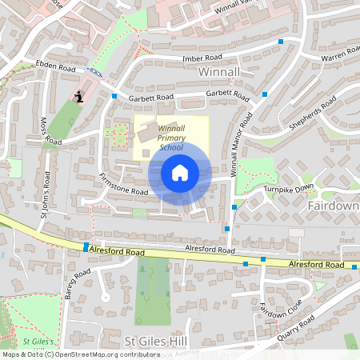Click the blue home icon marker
pos(180,172)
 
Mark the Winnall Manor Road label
pos(241,144)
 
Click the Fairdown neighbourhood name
pos(333,205)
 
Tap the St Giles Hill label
pos(156,341)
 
